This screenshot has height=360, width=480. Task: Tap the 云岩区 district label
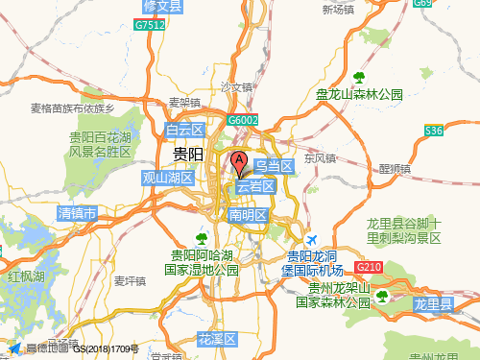[x=256, y=186]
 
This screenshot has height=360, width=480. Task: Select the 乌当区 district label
[x=272, y=167]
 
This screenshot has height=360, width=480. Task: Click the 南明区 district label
[x=247, y=215]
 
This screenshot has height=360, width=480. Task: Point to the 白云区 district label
[x=185, y=130]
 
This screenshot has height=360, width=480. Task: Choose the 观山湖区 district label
[x=168, y=178]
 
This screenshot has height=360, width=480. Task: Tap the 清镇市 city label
[x=77, y=212]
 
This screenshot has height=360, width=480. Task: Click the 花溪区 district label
[x=216, y=339]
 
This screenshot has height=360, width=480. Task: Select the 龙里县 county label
[x=432, y=303]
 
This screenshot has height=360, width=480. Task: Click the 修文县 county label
[x=161, y=6]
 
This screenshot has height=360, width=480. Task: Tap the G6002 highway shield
[x=244, y=120]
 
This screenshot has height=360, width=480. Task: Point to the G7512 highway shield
[x=150, y=26]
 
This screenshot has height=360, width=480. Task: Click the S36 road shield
[x=434, y=131]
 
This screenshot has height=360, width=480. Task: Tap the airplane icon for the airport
[x=310, y=238]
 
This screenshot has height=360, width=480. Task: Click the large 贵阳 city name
[x=187, y=154]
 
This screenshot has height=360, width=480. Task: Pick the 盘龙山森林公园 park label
[x=360, y=94]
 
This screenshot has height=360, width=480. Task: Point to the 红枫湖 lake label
[x=26, y=276]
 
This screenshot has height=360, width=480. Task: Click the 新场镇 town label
[x=339, y=10]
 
